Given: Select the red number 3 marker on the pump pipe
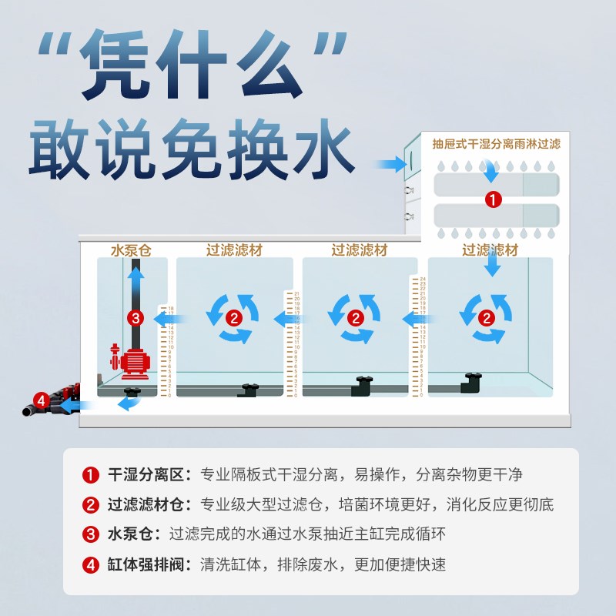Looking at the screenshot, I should [x=136, y=317].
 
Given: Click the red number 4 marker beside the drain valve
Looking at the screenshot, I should [x=42, y=400].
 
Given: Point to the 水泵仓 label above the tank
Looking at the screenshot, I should [x=132, y=250].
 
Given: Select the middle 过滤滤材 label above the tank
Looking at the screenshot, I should [x=360, y=250].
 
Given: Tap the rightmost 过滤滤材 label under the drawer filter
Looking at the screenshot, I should [x=490, y=250].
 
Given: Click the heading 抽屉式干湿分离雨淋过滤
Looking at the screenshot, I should [x=496, y=144].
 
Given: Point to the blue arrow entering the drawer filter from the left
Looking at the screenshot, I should [x=391, y=164].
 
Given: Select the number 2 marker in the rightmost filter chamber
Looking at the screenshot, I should [x=487, y=316].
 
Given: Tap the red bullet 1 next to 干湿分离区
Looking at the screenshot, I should [x=92, y=474].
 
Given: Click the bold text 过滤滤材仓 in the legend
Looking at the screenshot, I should [x=148, y=505].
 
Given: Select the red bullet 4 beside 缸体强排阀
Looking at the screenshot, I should [x=92, y=564].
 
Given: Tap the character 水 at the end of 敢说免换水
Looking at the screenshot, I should [x=324, y=147].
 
